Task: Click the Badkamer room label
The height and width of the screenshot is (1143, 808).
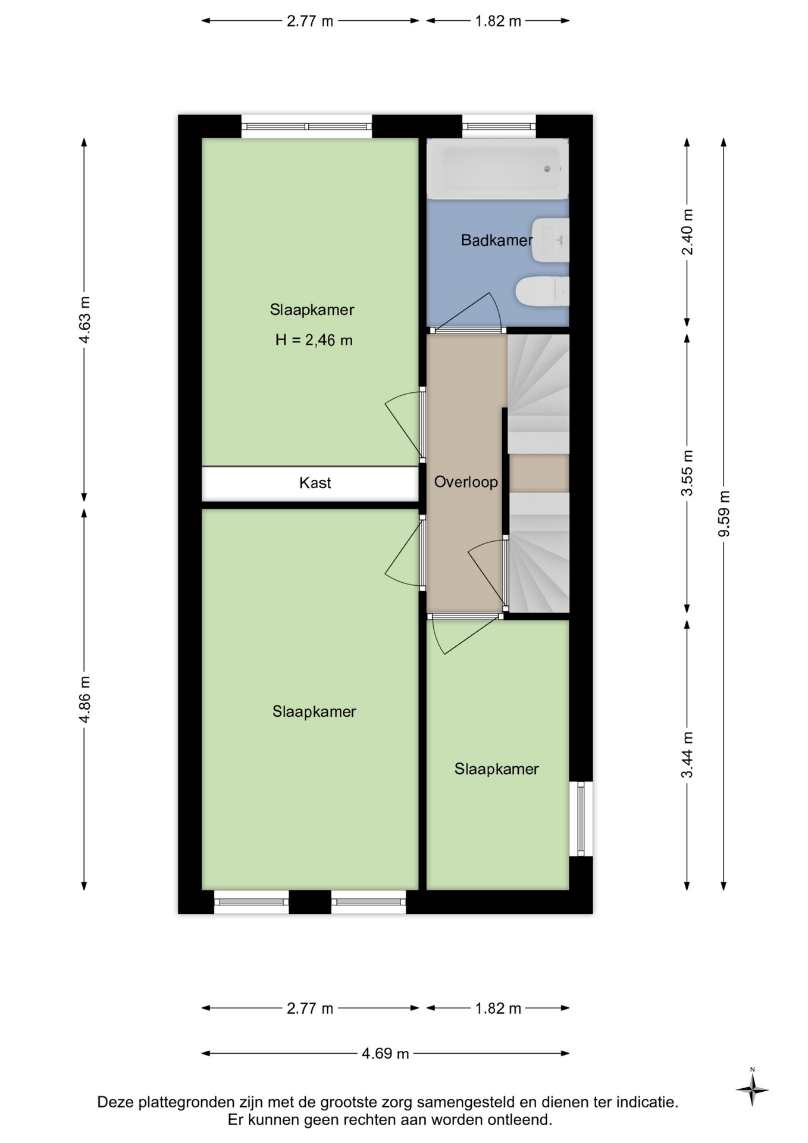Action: pos(497,241)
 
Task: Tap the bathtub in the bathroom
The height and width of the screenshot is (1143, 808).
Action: pos(497,168)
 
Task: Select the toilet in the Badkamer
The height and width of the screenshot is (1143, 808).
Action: pos(542,292)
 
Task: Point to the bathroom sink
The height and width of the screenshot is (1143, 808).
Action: pos(550,240)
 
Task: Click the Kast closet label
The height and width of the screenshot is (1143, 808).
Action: pos(315,483)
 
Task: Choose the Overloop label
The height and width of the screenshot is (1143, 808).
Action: pos(466,482)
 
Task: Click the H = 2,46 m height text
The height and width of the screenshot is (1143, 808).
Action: pos(314,340)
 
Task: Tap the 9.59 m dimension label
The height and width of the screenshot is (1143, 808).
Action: pos(724,514)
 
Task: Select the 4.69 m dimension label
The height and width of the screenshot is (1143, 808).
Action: pos(386,1054)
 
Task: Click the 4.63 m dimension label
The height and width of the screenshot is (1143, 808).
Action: pos(84,320)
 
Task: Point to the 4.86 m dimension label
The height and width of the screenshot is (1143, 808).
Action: pos(84,699)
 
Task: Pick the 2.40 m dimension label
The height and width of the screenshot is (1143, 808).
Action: pos(687,232)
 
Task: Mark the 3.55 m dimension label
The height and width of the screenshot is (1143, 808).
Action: pos(687,473)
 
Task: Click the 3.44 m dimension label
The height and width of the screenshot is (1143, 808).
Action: pos(687,755)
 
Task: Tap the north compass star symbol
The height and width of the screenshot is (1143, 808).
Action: pos(752,1090)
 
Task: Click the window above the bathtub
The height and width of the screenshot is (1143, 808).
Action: pos(499,126)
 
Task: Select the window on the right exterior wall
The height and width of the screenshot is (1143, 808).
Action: pos(581,819)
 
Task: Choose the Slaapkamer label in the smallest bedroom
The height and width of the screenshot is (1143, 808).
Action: pos(496,769)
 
